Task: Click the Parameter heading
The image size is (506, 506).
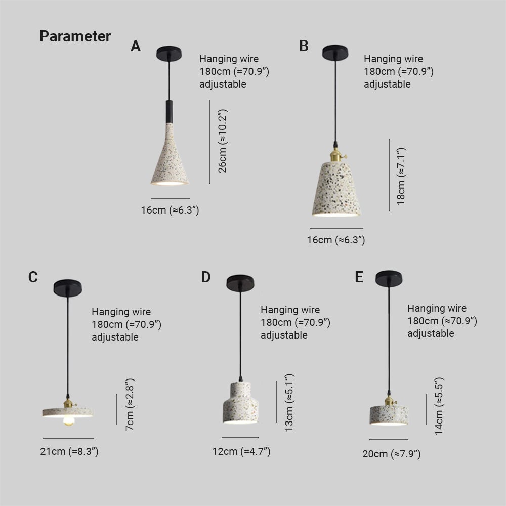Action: (x=75, y=37)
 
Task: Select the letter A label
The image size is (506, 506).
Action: (x=136, y=47)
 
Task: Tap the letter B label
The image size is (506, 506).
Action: (x=304, y=46)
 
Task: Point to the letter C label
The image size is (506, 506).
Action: (x=33, y=277)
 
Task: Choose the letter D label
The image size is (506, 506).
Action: (x=205, y=277)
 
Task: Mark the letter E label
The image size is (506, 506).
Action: (x=359, y=277)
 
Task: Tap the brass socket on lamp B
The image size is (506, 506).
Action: (x=334, y=152)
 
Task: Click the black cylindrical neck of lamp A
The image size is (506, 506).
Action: (x=168, y=111)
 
